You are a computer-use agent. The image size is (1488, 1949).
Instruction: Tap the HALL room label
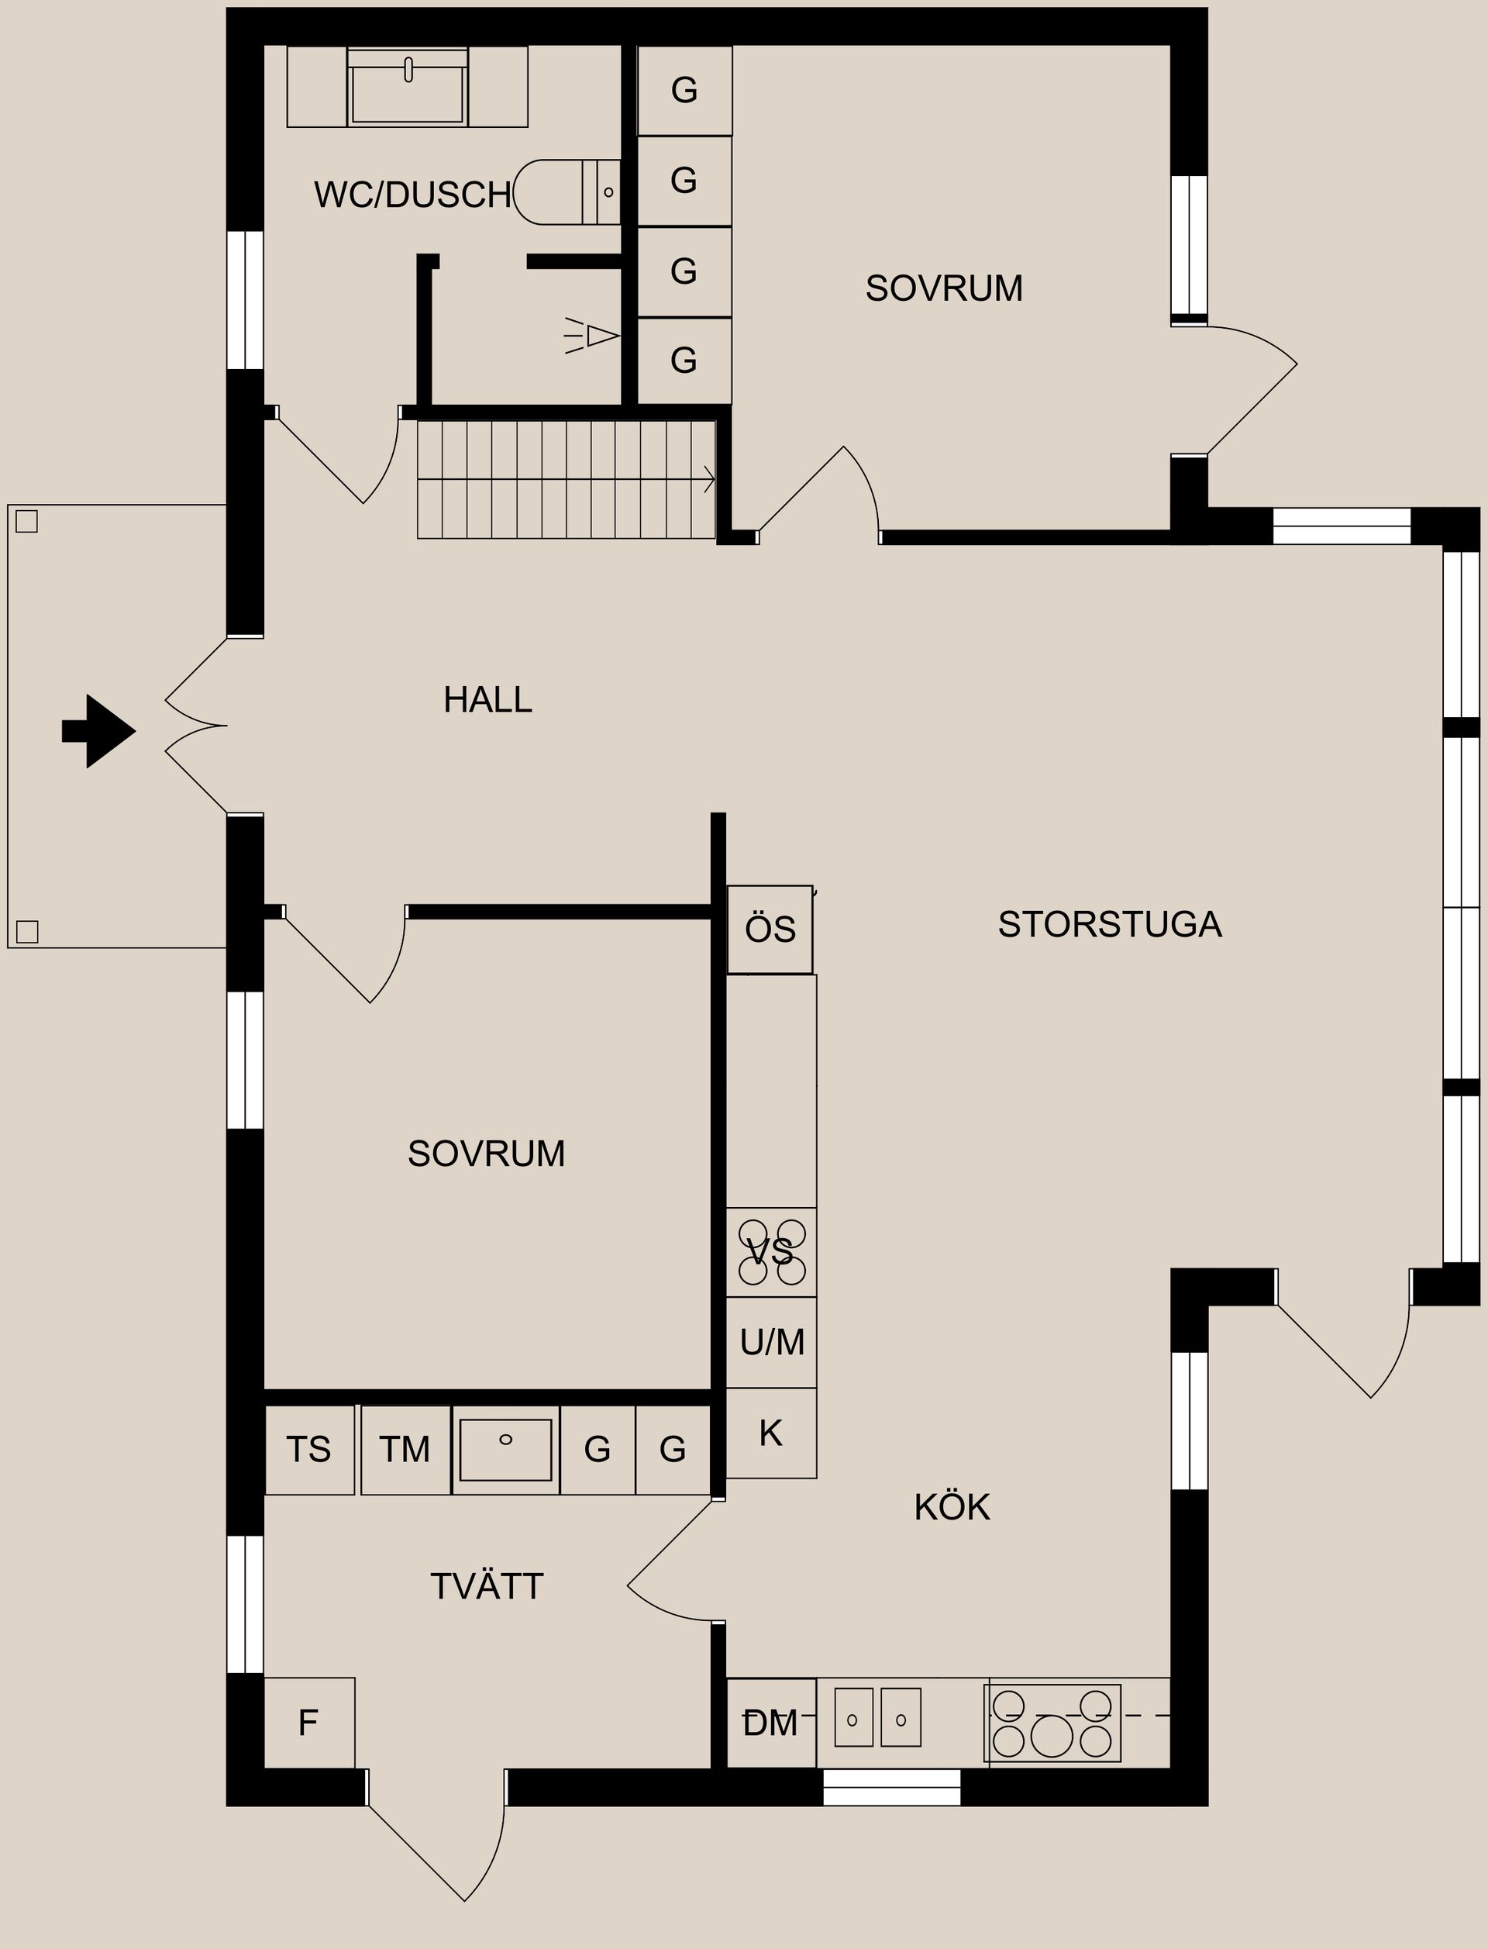pos(487,700)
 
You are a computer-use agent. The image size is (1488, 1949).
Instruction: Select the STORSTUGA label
pos(1109,924)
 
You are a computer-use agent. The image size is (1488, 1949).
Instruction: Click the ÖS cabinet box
pos(770,930)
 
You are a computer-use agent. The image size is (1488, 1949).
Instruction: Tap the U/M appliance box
pos(771,1342)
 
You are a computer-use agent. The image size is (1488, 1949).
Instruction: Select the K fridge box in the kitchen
pos(771,1433)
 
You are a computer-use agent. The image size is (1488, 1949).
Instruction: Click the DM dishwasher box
pos(770,1723)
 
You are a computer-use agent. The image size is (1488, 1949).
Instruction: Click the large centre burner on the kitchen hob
pos(1052,1736)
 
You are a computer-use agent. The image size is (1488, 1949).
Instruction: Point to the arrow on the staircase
pos(708,479)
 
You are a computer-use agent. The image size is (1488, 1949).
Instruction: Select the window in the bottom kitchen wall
pos(892,1786)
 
